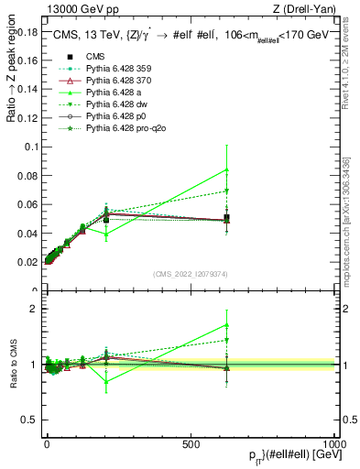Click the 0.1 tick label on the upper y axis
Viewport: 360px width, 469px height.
coord(30,147)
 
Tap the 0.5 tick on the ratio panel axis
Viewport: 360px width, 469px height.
coord(30,420)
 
